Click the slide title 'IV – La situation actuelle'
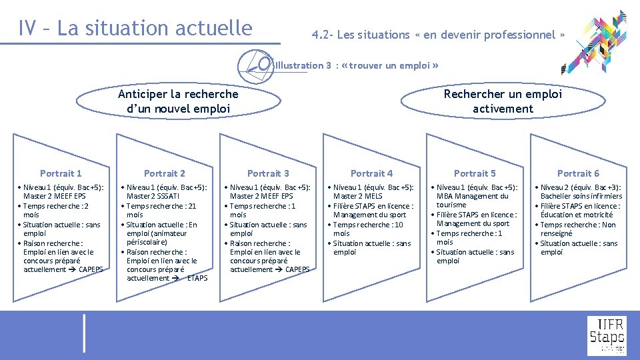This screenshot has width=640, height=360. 136,28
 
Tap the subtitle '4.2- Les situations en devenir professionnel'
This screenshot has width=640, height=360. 439,35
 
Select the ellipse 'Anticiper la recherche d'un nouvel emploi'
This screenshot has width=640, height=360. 177,101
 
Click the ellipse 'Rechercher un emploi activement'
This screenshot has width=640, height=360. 503,101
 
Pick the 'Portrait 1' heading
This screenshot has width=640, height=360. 61,173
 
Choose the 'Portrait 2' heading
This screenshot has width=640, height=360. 165,173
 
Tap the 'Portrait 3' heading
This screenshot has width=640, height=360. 268,173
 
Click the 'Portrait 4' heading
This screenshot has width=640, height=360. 371,173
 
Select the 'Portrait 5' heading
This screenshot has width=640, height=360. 475,173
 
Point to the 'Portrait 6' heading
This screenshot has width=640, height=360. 578,173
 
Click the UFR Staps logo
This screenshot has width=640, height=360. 606,335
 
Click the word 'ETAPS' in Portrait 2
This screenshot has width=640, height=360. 197,278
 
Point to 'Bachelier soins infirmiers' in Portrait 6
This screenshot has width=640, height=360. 581,196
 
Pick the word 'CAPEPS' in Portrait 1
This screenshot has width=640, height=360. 91,269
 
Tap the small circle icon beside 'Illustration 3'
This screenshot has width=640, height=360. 264,64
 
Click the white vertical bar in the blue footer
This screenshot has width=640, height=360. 84,333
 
